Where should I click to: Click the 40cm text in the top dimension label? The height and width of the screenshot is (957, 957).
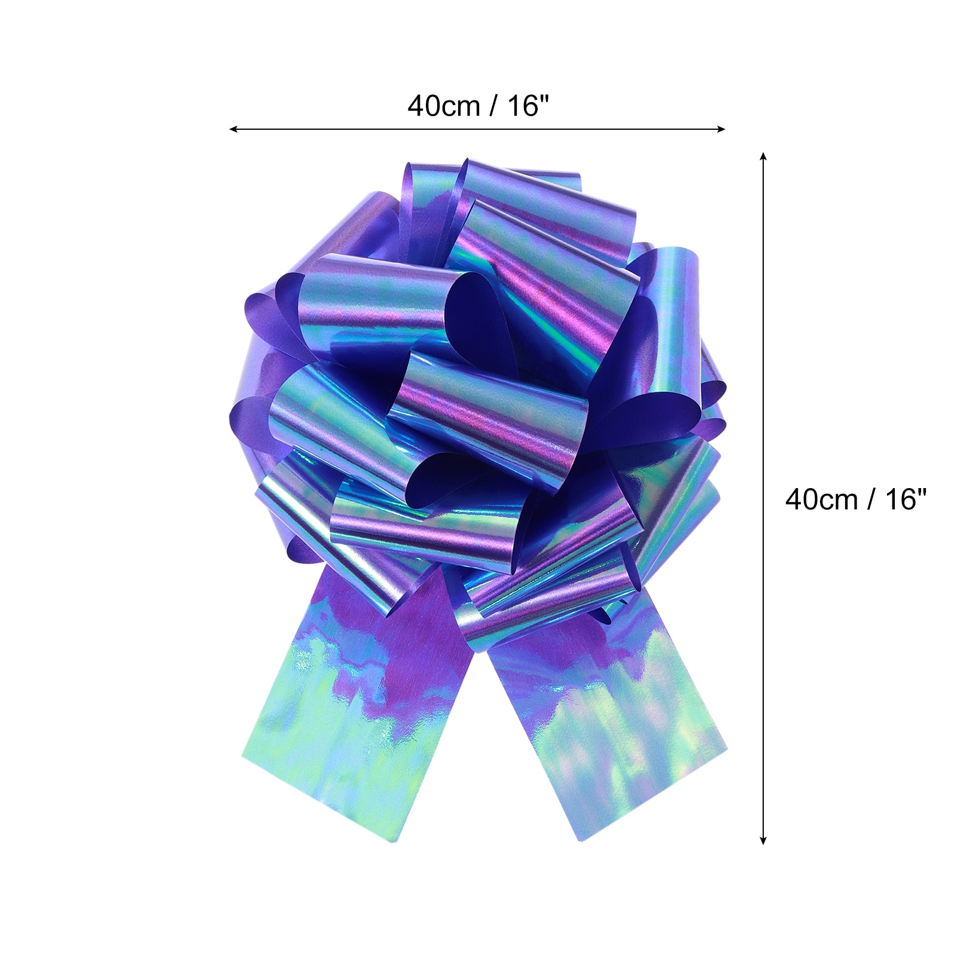(444, 106)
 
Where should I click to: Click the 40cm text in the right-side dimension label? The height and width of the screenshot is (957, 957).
(822, 499)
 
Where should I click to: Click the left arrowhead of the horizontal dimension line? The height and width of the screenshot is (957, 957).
(234, 129)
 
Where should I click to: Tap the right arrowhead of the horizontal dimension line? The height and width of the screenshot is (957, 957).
(721, 129)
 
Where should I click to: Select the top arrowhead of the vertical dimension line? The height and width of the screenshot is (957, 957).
(763, 157)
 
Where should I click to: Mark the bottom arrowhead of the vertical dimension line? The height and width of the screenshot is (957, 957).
(763, 840)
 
